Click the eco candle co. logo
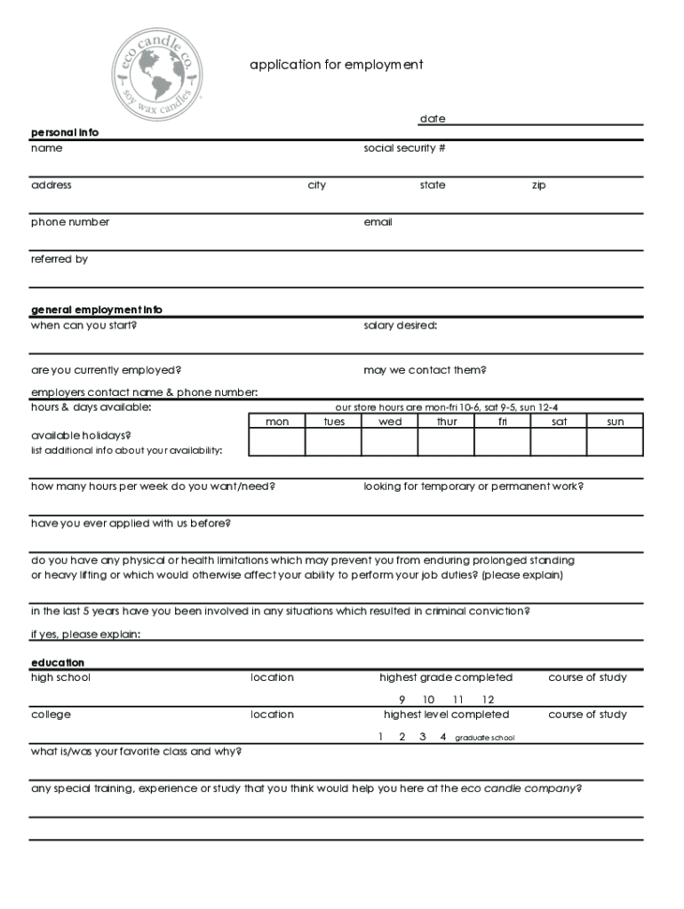tap(157, 65)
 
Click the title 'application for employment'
tap(336, 65)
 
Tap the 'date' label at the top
tap(433, 119)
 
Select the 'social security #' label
tap(404, 148)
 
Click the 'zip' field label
tap(538, 186)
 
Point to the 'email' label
tap(378, 222)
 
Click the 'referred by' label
tap(60, 259)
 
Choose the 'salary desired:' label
tap(400, 325)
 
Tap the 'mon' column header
tap(277, 422)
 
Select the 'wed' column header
tap(390, 422)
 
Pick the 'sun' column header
tap(615, 422)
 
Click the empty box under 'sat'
tap(559, 442)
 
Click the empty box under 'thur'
tap(447, 442)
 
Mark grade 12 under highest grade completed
tap(488, 700)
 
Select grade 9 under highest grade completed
tap(402, 700)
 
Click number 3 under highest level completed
tap(423, 737)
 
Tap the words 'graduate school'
tap(484, 738)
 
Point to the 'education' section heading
tap(58, 663)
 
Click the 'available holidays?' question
tap(82, 436)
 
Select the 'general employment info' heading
tap(97, 310)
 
